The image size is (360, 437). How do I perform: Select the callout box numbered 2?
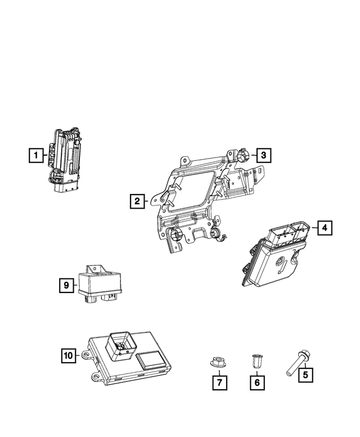[136, 200]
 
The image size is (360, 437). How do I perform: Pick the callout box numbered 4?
[325, 228]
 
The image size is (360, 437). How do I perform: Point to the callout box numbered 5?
[305, 373]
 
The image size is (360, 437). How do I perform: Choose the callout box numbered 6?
[257, 382]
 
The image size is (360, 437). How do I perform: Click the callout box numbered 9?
[66, 286]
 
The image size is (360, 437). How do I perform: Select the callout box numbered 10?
[67, 355]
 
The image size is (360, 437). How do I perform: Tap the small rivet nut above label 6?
[257, 359]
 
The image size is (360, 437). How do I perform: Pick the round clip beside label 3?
[243, 155]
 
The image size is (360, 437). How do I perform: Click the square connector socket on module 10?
[120, 343]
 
